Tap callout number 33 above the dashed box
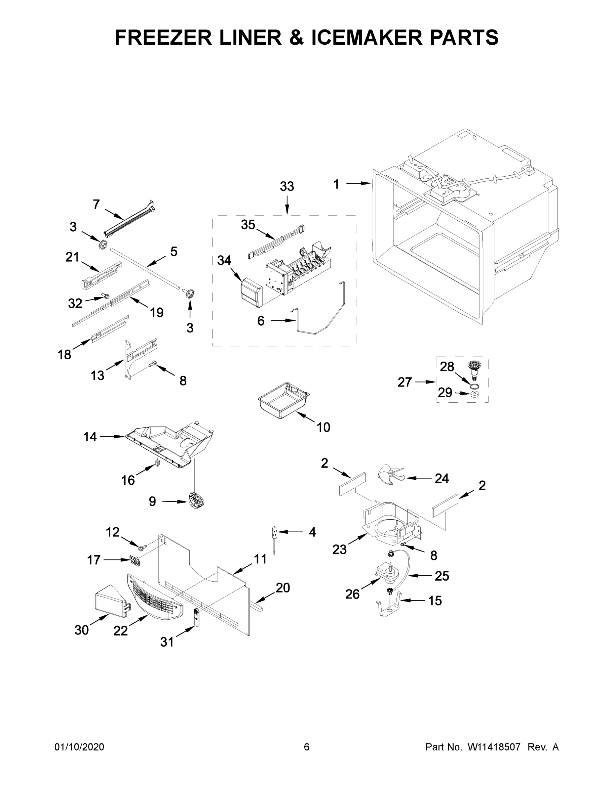[287, 187]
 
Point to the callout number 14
[90, 437]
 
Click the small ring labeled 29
[474, 394]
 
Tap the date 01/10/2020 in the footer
[79, 747]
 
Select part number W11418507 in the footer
[494, 747]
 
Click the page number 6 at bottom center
[307, 747]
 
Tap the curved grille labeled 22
[154, 596]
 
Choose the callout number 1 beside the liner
[336, 184]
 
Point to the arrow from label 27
[425, 382]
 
